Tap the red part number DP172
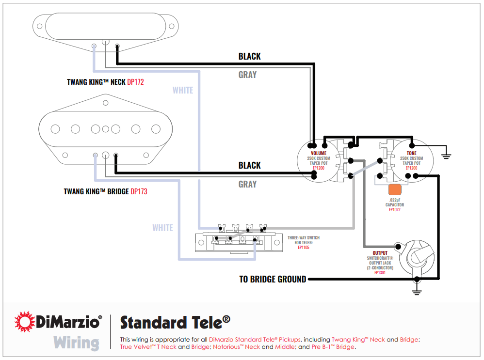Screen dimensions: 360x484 click(135, 82)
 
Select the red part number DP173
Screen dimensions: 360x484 click(139, 191)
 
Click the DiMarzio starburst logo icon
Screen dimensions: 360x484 click(24, 322)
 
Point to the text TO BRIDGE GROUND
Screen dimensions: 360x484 click(273, 279)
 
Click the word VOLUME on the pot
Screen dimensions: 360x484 click(319, 153)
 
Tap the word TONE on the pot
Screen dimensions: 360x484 click(411, 153)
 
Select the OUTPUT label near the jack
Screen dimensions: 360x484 click(380, 253)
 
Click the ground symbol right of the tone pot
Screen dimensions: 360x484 click(446, 155)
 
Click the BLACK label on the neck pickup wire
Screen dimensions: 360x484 click(249, 56)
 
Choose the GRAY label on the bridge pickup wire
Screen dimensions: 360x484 click(247, 184)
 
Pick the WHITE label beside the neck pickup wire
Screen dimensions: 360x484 click(183, 90)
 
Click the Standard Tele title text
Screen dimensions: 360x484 click(175, 322)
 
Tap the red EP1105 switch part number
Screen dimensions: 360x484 click(304, 247)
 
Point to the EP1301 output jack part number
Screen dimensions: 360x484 click(380, 272)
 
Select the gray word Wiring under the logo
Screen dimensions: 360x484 click(76, 343)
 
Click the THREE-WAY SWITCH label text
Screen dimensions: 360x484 click(304, 238)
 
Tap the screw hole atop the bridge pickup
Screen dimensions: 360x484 click(105, 103)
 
